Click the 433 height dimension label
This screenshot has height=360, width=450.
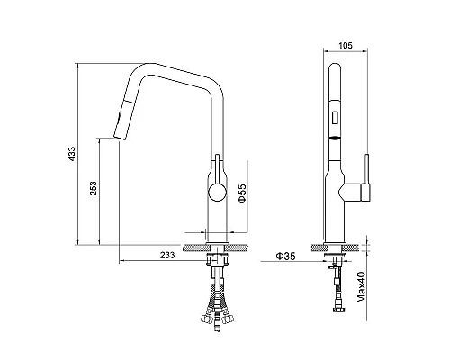pyautogui.click(x=72, y=154)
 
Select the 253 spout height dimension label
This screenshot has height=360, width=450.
pyautogui.click(x=94, y=188)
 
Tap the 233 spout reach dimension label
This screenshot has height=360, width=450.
pyautogui.click(x=167, y=255)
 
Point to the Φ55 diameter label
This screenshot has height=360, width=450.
pyautogui.click(x=242, y=193)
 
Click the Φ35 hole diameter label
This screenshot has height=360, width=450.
pyautogui.click(x=285, y=256)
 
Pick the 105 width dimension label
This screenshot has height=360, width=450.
pyautogui.click(x=346, y=46)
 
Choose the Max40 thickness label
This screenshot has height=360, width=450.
pyautogui.click(x=362, y=287)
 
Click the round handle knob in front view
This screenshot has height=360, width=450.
pyautogui.click(x=218, y=193)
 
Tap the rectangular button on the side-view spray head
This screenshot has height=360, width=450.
pyautogui.click(x=335, y=117)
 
